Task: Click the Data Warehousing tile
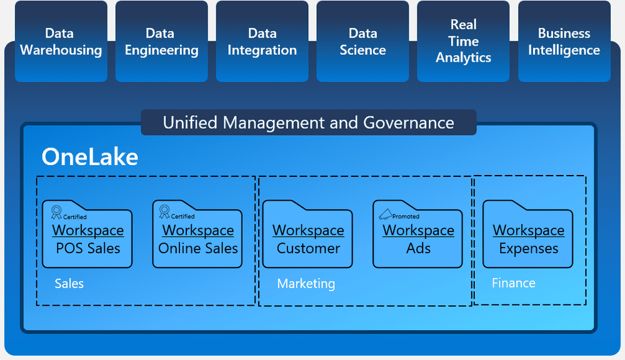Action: (x=61, y=42)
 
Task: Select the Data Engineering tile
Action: (x=161, y=42)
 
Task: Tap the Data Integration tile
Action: (x=262, y=42)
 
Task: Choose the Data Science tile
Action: (x=362, y=42)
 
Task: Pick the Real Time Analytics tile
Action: (x=463, y=42)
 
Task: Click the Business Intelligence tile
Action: (x=564, y=42)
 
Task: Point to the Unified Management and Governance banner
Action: (x=308, y=122)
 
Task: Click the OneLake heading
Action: (x=89, y=157)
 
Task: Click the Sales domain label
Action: (x=69, y=284)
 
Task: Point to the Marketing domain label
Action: (x=306, y=284)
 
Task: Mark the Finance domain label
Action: (x=513, y=283)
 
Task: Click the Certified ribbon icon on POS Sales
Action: (x=56, y=212)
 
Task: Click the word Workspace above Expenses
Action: (x=528, y=230)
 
